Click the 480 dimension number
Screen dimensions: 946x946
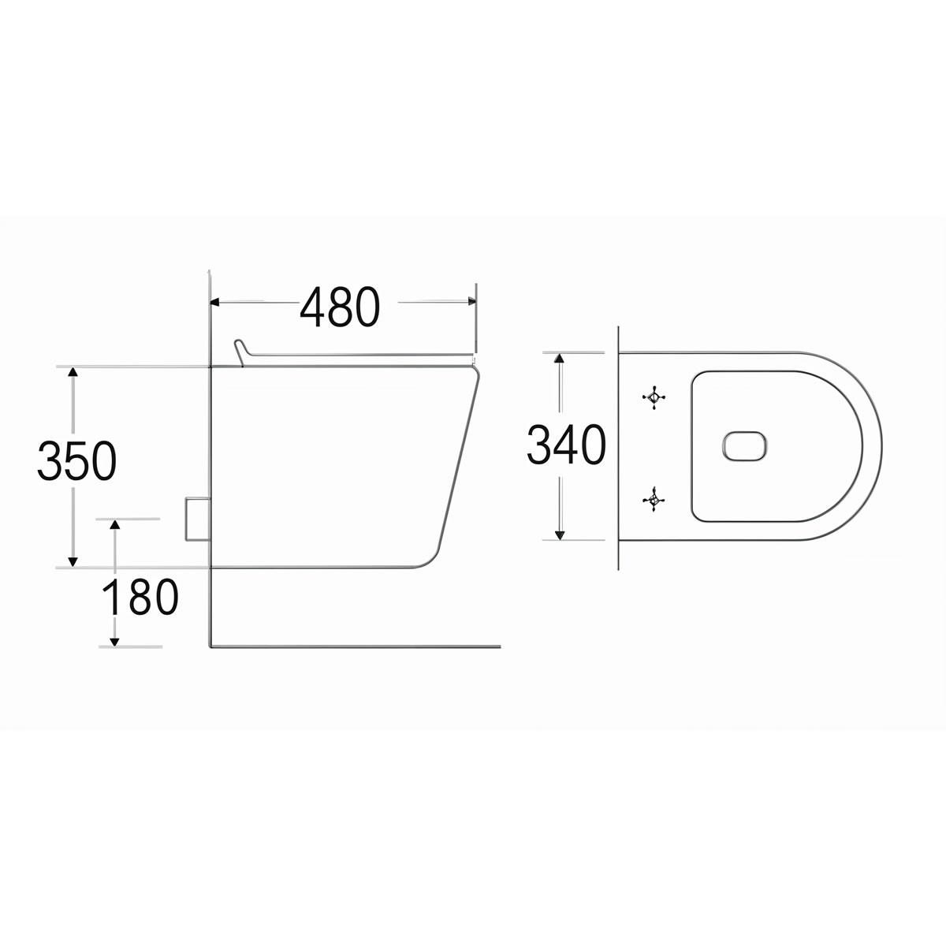(x=340, y=307)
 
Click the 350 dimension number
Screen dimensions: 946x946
(x=76, y=461)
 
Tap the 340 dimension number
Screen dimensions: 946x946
(x=566, y=445)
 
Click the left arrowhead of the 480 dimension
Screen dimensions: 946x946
(x=214, y=301)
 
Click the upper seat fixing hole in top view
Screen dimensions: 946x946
(x=653, y=397)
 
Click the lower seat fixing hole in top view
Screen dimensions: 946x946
(x=653, y=497)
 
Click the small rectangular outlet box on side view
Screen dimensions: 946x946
(x=196, y=519)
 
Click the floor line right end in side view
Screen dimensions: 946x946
(x=500, y=646)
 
